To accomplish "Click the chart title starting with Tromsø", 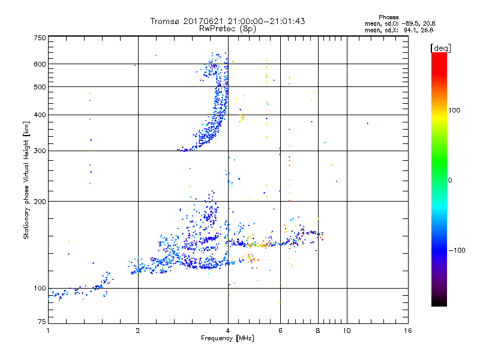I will pyautogui.click(x=228, y=21).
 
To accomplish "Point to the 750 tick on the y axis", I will pyautogui.click(x=40, y=38).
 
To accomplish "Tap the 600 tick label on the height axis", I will pyautogui.click(x=40, y=64).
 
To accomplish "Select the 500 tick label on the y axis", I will pyautogui.click(x=40, y=86).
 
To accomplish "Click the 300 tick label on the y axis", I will pyautogui.click(x=40, y=151).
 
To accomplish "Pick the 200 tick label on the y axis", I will pyautogui.click(x=40, y=201).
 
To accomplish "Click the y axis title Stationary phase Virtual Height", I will pyautogui.click(x=26, y=180).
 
